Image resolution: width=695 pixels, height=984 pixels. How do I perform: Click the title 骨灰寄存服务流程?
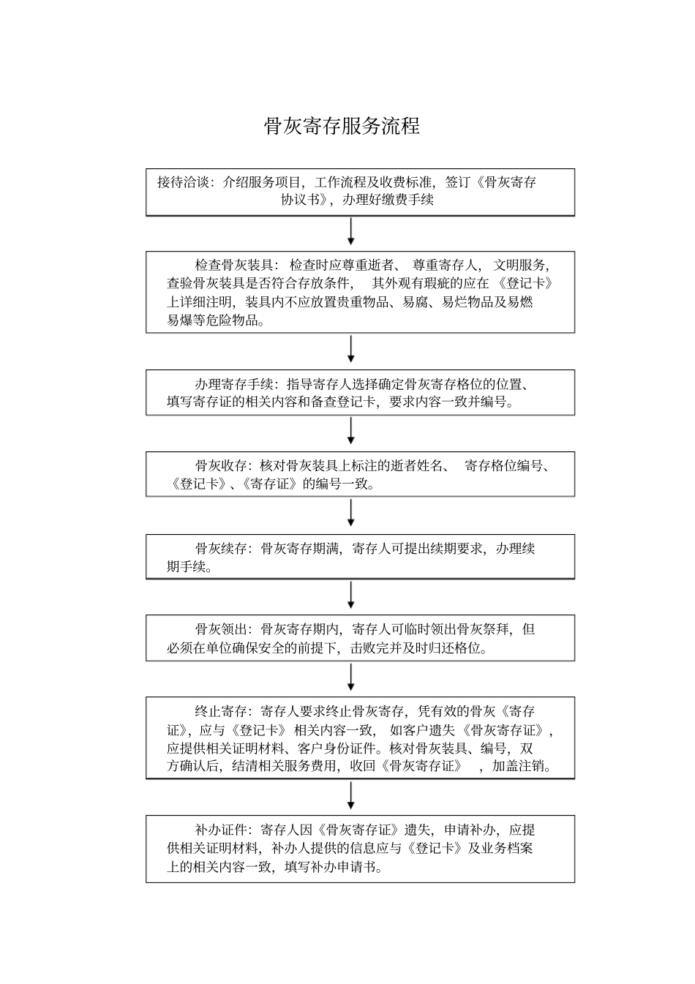342,126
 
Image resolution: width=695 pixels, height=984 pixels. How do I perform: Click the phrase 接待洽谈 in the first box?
184,182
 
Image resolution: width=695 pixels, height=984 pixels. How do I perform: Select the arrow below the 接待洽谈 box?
351,232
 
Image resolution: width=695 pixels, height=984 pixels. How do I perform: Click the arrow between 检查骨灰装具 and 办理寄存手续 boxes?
351,349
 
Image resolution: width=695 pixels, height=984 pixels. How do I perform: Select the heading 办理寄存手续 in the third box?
234,383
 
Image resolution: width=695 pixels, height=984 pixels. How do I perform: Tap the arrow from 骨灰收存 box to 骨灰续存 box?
351,513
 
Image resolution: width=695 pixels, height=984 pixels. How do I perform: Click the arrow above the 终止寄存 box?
351,677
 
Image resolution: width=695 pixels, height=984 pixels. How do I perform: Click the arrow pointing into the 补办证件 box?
351,795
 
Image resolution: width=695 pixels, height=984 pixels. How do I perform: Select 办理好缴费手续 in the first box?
387,200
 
